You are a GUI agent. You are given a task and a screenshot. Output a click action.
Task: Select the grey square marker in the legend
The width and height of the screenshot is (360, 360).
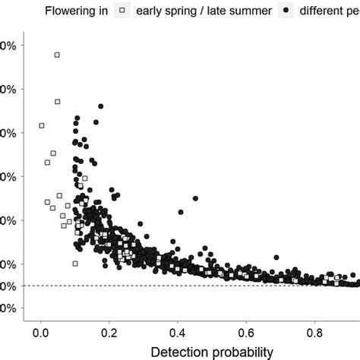click(x=121, y=11)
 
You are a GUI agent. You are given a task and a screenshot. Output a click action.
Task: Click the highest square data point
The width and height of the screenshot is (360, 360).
click(x=57, y=55)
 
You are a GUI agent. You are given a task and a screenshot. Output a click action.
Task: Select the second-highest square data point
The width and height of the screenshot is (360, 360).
click(x=57, y=101)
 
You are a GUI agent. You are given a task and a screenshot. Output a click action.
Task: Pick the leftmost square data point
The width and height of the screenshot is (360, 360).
click(x=41, y=125)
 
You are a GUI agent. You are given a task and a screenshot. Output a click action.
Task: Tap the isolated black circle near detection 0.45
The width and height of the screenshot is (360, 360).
click(x=195, y=198)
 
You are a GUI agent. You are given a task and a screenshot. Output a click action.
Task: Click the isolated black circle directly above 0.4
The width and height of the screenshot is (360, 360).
click(x=180, y=212)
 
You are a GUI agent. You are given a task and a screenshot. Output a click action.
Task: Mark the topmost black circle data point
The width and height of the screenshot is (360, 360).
click(x=100, y=106)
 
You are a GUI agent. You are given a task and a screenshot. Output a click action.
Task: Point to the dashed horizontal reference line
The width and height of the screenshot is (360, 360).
click(x=228, y=286)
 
